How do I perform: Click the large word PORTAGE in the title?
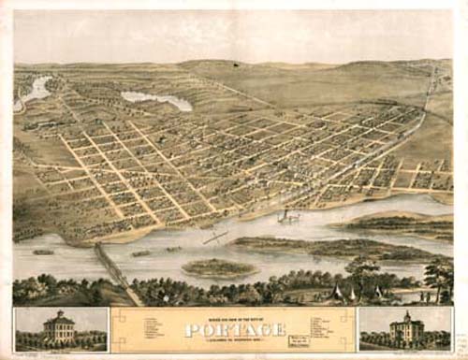tap(233, 330)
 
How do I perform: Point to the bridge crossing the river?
tap(115, 266)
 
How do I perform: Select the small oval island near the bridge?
tap(218, 267)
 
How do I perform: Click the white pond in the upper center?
tap(155, 99)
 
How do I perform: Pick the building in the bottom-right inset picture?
tap(407, 330)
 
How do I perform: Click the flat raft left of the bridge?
tap(44, 252)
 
